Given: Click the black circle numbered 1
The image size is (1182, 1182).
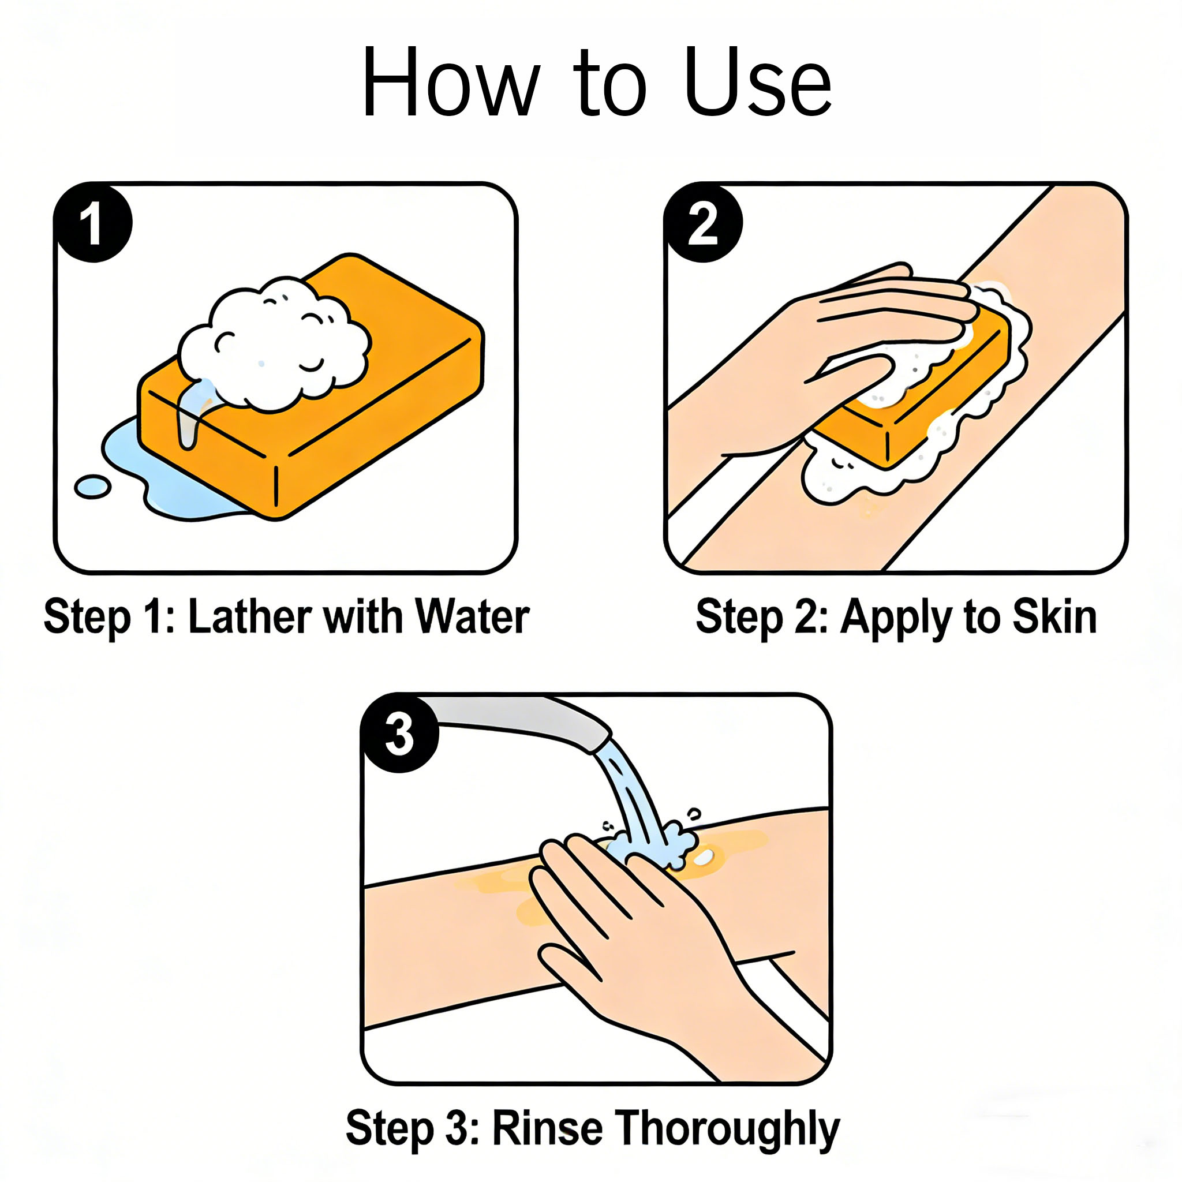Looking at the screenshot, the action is point(93,223).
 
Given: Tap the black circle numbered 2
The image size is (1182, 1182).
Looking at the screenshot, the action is point(703,223).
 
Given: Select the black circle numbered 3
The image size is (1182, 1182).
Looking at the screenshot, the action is point(399,733).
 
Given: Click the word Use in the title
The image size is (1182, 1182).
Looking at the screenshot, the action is point(758,82).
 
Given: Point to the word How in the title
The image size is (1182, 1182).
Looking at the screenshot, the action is point(451,82).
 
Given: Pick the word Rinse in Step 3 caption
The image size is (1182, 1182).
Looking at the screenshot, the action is point(548,1127).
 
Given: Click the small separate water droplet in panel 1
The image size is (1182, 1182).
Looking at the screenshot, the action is point(92,487).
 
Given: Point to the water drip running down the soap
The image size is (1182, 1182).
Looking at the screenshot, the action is point(191,414).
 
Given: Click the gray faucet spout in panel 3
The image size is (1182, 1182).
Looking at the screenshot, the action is point(520,722).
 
